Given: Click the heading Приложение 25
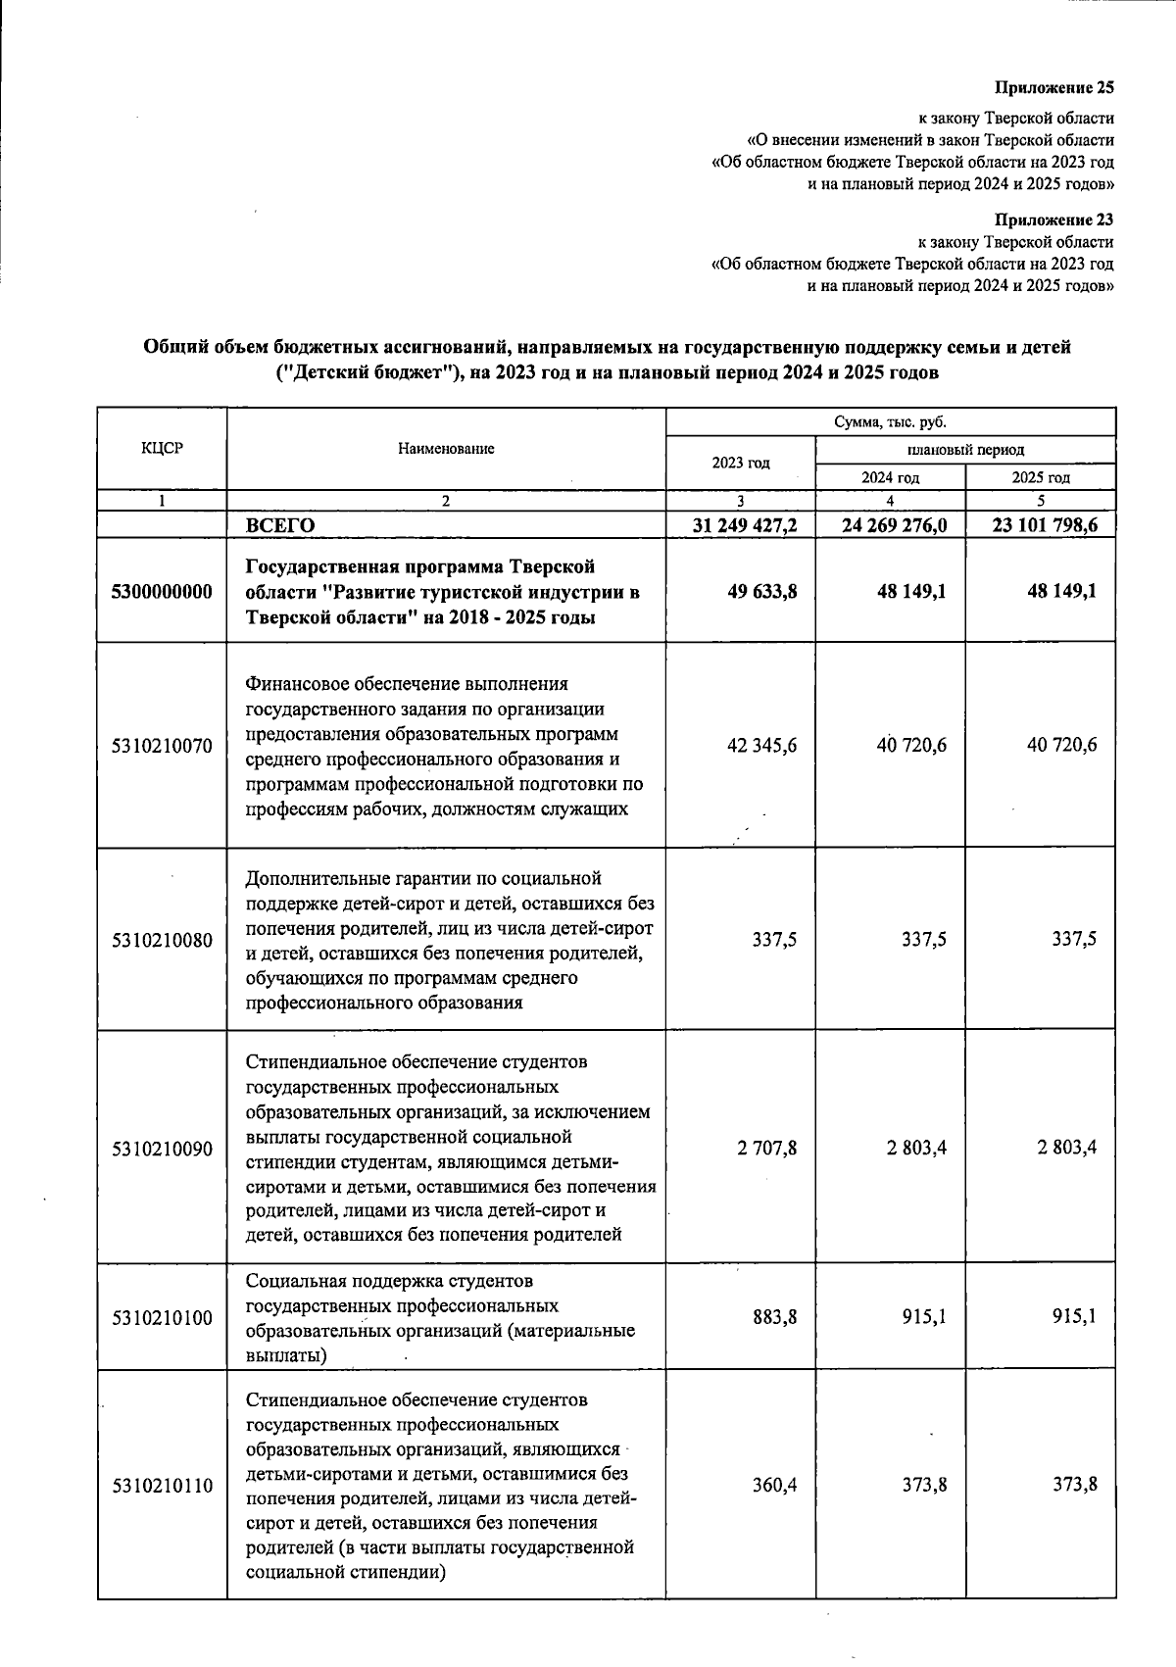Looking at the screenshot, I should (x=1054, y=87).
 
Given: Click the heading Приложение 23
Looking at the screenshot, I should (x=1054, y=220).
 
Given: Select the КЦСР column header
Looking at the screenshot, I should (x=162, y=449).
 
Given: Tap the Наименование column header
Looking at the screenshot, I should (x=446, y=449).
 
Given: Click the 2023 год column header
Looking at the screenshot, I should (x=740, y=463).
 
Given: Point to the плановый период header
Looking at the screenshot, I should (x=965, y=450).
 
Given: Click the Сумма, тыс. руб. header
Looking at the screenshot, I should (x=890, y=422).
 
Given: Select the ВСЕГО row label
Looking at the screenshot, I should (x=280, y=525).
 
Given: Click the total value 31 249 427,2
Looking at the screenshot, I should (x=744, y=525).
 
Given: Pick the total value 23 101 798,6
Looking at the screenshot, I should (x=1044, y=525).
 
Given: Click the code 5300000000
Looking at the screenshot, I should (x=162, y=593).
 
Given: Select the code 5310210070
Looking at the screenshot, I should (x=162, y=746).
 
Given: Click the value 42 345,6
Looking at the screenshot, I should (x=761, y=746).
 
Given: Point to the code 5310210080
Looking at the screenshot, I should (x=162, y=940).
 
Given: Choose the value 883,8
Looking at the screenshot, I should (x=774, y=1317).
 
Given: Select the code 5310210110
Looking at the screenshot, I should (x=162, y=1486).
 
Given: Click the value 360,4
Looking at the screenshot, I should (x=774, y=1486).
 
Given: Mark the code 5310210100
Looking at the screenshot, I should (x=162, y=1317).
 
